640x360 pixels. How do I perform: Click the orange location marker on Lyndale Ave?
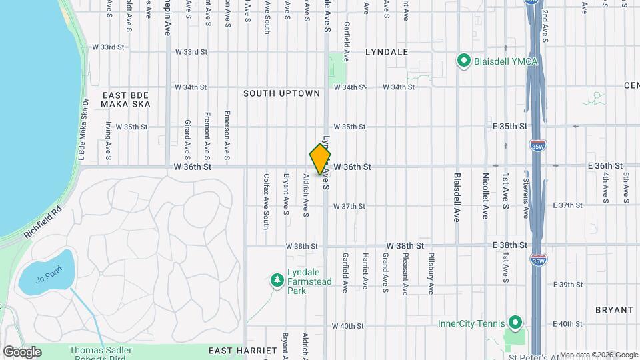[320, 159]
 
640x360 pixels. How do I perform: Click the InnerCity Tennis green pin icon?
[514, 324]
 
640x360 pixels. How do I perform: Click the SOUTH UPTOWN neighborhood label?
[281, 94]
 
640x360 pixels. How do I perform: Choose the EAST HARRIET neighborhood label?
[242, 351]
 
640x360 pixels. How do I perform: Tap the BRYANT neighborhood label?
[614, 310]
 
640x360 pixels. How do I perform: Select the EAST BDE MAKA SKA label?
[126, 99]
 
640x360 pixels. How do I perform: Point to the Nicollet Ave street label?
[485, 196]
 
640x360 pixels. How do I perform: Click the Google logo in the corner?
[22, 351]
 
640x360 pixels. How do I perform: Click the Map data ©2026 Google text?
[598, 355]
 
